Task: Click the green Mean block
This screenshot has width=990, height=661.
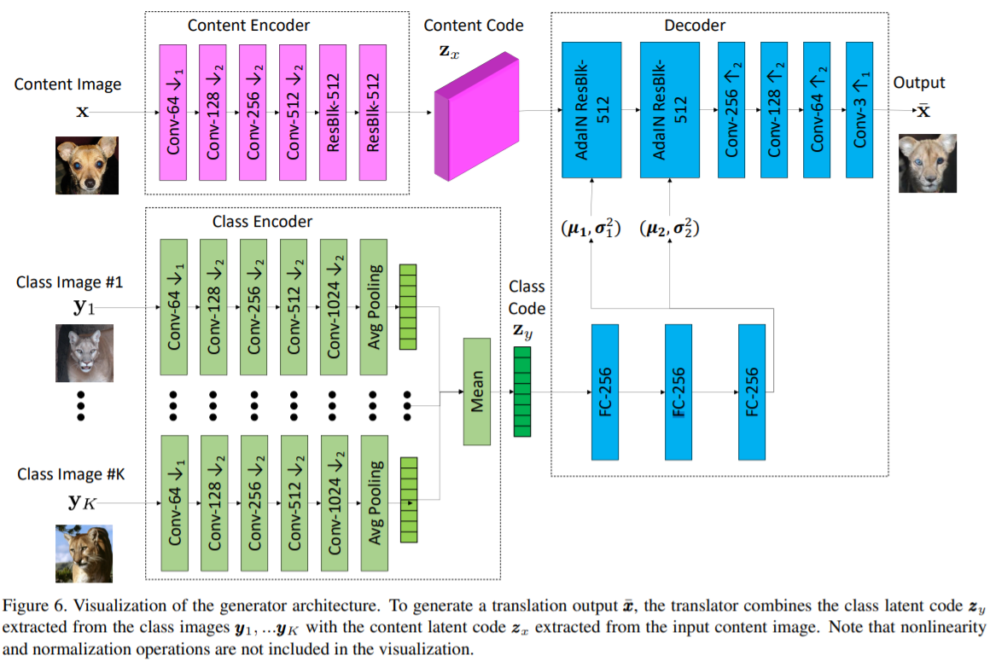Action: tap(477, 391)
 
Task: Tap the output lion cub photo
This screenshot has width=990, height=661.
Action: tap(927, 162)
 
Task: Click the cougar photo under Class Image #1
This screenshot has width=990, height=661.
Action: tap(84, 353)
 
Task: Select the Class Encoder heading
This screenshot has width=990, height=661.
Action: tap(262, 221)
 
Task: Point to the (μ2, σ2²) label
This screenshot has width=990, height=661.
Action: tap(670, 228)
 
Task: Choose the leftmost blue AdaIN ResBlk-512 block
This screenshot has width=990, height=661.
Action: tap(591, 108)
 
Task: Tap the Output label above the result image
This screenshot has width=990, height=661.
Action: tap(919, 83)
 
